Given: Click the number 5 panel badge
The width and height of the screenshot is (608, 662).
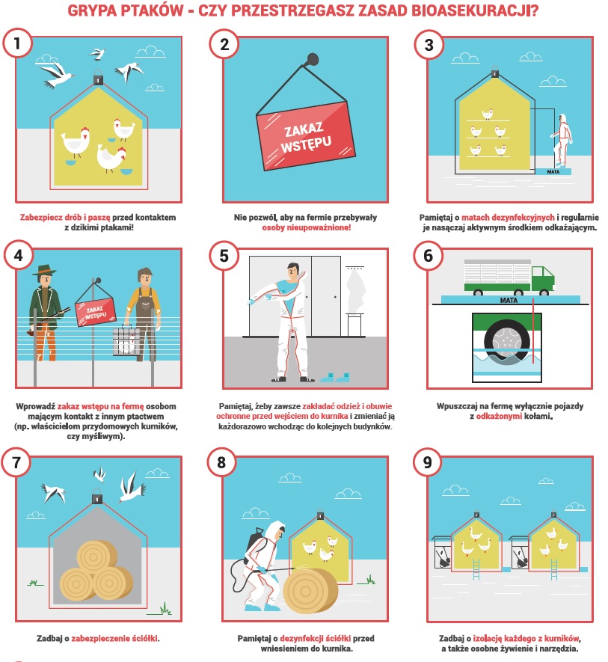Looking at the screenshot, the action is pyautogui.click(x=224, y=256).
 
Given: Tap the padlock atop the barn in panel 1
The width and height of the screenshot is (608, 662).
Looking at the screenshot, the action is pyautogui.click(x=98, y=78).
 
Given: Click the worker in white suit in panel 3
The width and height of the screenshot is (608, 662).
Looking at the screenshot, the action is pyautogui.click(x=562, y=140).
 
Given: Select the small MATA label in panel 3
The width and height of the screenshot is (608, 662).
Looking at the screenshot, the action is pyautogui.click(x=553, y=172).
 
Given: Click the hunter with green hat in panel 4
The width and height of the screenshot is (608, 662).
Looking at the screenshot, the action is pyautogui.click(x=45, y=313).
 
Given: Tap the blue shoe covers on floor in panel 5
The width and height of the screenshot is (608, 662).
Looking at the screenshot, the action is pyautogui.click(x=335, y=376).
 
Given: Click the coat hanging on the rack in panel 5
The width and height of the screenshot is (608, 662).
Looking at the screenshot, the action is pyautogui.click(x=355, y=288).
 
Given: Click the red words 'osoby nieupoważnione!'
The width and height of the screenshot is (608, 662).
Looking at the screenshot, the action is pyautogui.click(x=306, y=227).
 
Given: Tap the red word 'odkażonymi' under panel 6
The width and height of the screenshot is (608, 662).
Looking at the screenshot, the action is pyautogui.click(x=499, y=417).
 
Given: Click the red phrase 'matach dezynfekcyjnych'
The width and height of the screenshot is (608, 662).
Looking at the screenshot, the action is pyautogui.click(x=508, y=218).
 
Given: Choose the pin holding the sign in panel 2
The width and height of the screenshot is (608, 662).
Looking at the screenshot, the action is pyautogui.click(x=312, y=59).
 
